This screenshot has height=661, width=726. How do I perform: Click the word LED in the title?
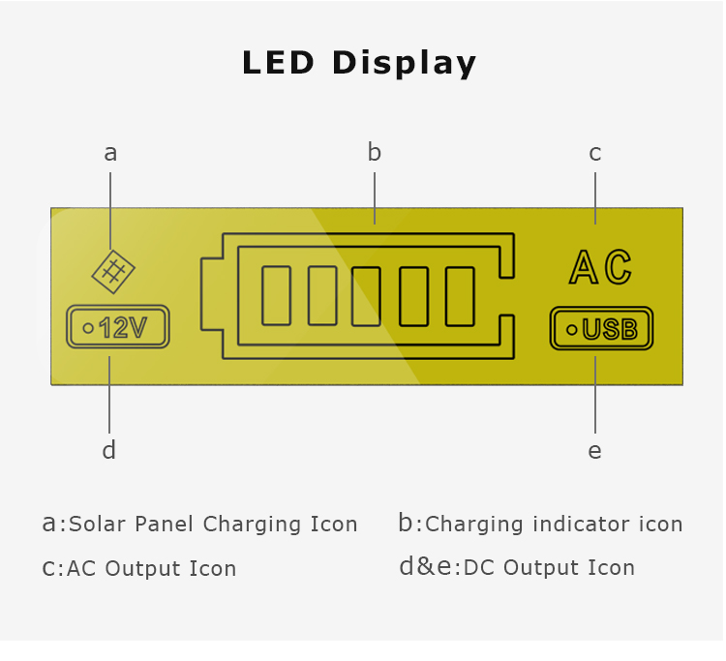[x=278, y=62]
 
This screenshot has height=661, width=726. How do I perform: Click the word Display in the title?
[x=405, y=63]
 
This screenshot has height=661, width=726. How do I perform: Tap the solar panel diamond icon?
[x=113, y=272]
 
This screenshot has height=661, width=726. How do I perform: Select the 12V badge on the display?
[x=118, y=327]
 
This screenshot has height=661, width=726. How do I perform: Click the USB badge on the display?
[x=601, y=328]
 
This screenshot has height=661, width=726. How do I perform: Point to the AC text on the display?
[x=600, y=266]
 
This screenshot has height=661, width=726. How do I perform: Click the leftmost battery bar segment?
[x=277, y=296]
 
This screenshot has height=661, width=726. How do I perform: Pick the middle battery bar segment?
[x=366, y=297]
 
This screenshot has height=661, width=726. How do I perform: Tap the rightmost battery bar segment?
[x=460, y=297]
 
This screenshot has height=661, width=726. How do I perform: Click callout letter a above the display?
[x=110, y=153]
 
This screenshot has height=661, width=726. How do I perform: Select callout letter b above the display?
[x=374, y=152]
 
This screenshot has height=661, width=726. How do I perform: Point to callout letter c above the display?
[x=595, y=153]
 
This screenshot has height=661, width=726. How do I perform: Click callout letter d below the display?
[x=108, y=450]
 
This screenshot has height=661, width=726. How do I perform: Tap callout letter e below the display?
[x=595, y=451]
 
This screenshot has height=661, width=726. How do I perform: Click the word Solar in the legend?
[x=97, y=524]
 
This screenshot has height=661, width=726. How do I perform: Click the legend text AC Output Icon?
[x=151, y=568]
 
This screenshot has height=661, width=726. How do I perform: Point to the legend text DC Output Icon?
[x=549, y=567]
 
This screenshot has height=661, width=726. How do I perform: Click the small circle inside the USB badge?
[x=572, y=330]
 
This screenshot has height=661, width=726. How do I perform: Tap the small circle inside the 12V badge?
[x=88, y=328]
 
